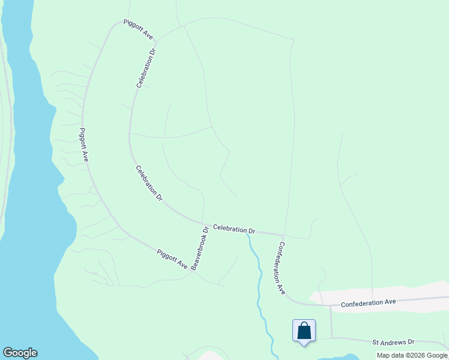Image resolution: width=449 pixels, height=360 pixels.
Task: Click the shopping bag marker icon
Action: tap(304, 331)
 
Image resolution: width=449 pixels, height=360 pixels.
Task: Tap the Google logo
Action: tap(20, 353)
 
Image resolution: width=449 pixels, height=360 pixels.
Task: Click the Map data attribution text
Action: tap(412, 355)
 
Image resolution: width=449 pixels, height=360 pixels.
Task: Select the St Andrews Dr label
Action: tap(393, 342)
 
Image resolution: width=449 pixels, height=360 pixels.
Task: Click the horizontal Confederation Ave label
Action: tap(368, 303)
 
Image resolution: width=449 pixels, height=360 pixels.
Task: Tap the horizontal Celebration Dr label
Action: tap(234, 229)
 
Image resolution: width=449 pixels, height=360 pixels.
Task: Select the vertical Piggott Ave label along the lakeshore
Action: tap(84, 145)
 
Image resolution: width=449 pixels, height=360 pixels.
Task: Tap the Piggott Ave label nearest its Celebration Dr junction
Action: tap(138, 29)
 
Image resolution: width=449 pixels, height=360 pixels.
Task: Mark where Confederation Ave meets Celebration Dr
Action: tap(283, 235)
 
